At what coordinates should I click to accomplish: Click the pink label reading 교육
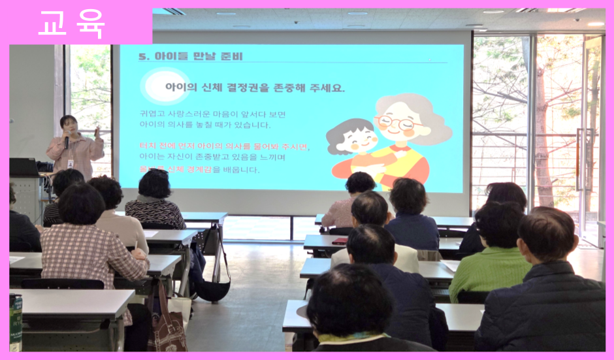(x=72, y=24)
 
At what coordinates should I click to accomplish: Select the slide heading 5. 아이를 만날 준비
(x=191, y=57)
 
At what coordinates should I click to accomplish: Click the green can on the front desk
(x=15, y=321)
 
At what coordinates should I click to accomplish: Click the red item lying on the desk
(x=340, y=241)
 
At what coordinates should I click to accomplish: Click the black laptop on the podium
(x=24, y=167)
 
